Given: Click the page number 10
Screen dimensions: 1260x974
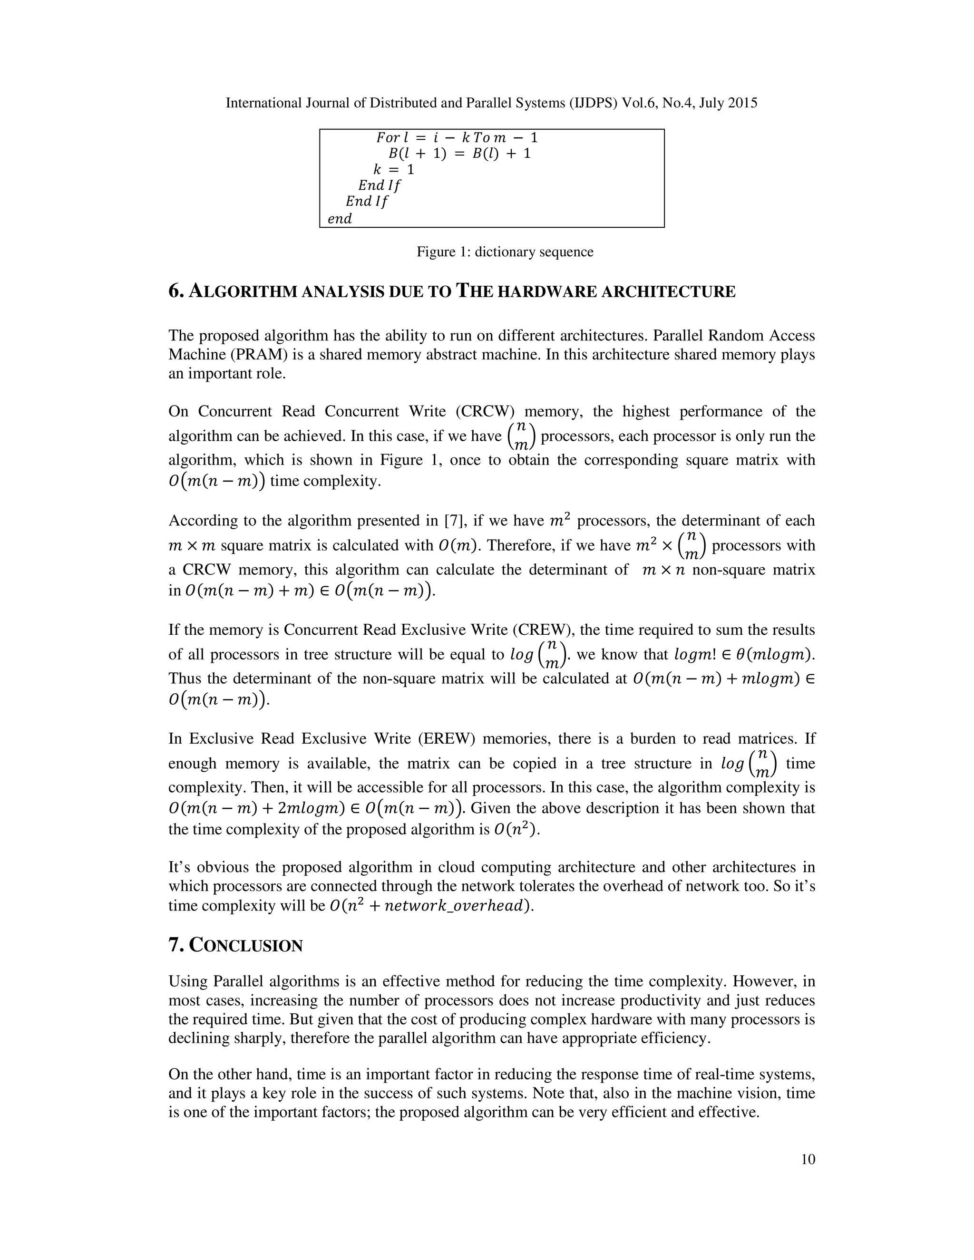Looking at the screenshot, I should point(808,1160).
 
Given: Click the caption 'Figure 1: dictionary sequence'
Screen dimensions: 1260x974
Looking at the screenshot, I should point(505,252).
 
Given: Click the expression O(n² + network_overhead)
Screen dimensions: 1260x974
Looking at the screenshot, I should point(430,906).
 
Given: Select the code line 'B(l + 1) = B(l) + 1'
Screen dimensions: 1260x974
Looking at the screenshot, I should point(459,154).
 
